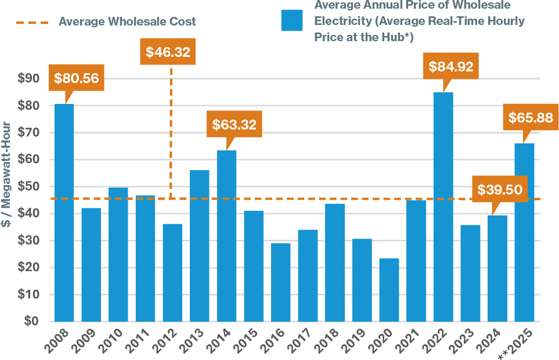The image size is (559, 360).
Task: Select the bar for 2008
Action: [x=64, y=213]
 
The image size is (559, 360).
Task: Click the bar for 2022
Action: [x=443, y=207]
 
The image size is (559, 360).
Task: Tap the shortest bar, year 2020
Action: [x=389, y=290]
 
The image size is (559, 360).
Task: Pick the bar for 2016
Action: [x=281, y=282]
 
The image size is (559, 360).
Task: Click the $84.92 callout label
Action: [x=451, y=66]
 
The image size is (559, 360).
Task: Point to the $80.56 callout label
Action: [x=76, y=78]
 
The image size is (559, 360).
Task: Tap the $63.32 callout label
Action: [x=234, y=124]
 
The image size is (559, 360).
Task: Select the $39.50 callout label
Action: [x=499, y=190]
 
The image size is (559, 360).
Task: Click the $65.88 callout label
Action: [x=530, y=118]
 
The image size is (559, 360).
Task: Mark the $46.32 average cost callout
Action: [x=168, y=52]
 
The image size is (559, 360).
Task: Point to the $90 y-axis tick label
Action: [x=28, y=78]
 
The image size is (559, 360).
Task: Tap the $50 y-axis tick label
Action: [x=28, y=186]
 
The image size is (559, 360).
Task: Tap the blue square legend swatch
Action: [x=292, y=20]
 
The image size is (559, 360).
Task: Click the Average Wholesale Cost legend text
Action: [x=127, y=22]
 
